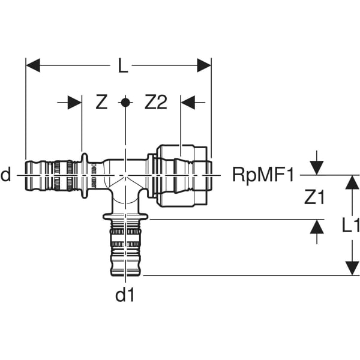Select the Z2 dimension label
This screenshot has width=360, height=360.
coord(155,103)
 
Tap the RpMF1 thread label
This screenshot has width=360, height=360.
coord(264,175)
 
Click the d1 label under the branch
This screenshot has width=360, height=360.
coord(125,296)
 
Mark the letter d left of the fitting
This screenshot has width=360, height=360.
coord(6,175)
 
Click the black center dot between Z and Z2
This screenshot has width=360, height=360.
coord(125,102)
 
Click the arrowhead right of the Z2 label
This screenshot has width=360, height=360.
coord(189,103)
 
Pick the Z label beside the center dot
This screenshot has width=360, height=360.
coord(101,103)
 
